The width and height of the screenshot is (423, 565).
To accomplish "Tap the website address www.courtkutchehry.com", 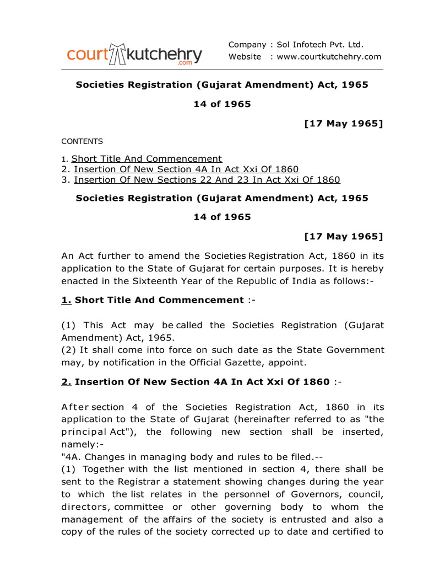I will pos(329,57).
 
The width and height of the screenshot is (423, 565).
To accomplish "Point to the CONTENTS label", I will pos(82,141).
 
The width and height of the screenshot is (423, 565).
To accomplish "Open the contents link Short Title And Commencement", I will pos(147,159).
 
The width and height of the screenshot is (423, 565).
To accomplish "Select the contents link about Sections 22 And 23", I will pos(207,180).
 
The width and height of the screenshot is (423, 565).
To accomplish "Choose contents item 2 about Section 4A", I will pos(186,169).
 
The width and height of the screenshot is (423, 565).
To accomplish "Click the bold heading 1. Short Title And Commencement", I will pos(151,300).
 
